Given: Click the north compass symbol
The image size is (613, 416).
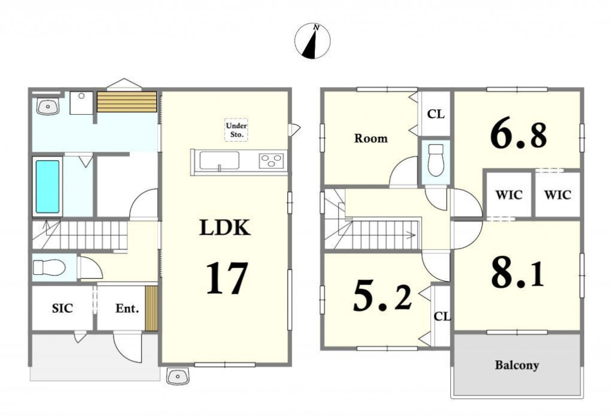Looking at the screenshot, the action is [x=313, y=41].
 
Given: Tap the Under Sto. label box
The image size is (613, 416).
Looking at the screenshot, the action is [x=237, y=130].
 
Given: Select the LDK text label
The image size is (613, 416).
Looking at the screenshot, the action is [x=225, y=228].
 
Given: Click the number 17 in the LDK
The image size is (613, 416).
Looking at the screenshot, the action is [x=227, y=278].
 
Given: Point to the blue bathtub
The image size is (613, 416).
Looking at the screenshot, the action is [x=47, y=187].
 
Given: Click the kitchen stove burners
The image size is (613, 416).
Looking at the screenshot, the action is [x=271, y=160].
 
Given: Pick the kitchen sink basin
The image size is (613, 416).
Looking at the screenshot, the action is [x=219, y=160].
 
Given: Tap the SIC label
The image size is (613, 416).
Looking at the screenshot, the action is [x=63, y=308].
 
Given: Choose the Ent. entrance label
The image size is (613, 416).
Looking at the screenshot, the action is [x=127, y=309].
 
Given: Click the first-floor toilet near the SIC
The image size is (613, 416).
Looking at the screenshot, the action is [x=49, y=268].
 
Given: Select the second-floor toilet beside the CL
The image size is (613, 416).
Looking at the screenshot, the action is [x=436, y=160].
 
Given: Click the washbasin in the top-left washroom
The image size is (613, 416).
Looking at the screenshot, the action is [x=48, y=106].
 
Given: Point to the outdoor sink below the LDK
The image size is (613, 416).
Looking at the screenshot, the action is [x=177, y=376].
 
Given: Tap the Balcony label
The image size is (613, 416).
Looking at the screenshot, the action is [x=517, y=365].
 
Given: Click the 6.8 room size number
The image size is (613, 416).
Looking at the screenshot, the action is [x=519, y=135].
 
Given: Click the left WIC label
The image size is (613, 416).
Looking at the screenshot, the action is [x=508, y=194].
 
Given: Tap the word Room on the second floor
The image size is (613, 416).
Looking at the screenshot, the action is [x=371, y=138].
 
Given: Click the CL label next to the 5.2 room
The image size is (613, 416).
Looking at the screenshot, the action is [x=442, y=316].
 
